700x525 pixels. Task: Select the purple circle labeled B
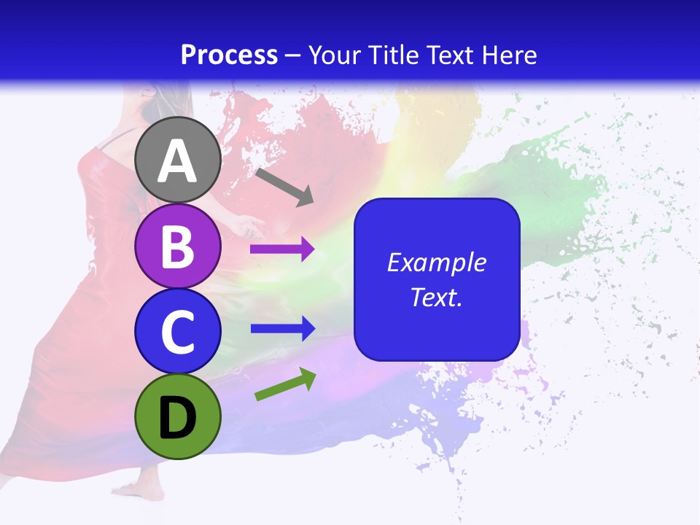click(x=177, y=246)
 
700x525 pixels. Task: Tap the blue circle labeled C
click(x=177, y=331)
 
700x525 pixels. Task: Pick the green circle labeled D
click(x=177, y=416)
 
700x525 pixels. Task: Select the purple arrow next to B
click(x=282, y=249)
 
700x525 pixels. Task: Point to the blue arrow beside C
click(x=282, y=329)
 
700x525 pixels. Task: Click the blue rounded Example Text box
click(x=437, y=279)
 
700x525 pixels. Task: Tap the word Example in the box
click(x=437, y=262)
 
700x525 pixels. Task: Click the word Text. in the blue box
click(x=437, y=297)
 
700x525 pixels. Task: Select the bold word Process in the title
click(x=229, y=55)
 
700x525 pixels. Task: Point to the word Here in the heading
click(x=510, y=55)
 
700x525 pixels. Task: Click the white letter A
click(x=177, y=161)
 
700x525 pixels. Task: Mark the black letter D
click(x=177, y=417)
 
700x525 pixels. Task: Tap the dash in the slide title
click(x=293, y=55)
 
